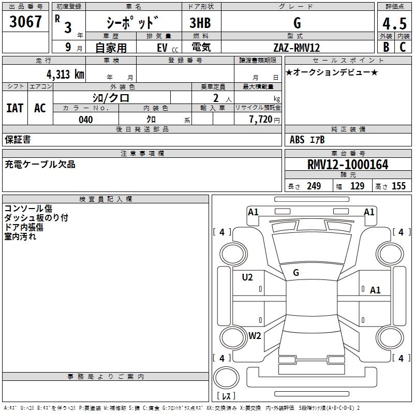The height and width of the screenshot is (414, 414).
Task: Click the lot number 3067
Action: (26, 22)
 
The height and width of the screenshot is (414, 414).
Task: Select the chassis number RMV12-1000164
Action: (348, 165)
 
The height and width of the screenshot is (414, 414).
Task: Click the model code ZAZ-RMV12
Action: (297, 48)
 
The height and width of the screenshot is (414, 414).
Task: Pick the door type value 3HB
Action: (200, 23)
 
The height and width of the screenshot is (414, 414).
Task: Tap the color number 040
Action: (86, 120)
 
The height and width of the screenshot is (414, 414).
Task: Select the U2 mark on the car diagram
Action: (247, 277)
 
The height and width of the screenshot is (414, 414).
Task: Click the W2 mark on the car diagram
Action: (255, 335)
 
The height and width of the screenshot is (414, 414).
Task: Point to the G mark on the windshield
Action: (296, 272)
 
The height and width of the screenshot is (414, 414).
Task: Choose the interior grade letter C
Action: (403, 48)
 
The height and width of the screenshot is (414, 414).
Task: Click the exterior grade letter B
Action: (386, 48)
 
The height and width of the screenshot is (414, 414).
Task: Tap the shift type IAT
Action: (14, 108)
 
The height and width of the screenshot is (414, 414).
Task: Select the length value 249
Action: (314, 186)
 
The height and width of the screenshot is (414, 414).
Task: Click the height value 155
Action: (399, 186)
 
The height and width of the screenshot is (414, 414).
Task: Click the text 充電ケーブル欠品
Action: (40, 165)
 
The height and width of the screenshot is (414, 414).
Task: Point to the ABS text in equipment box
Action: (297, 139)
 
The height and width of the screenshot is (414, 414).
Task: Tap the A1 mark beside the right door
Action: (375, 290)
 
